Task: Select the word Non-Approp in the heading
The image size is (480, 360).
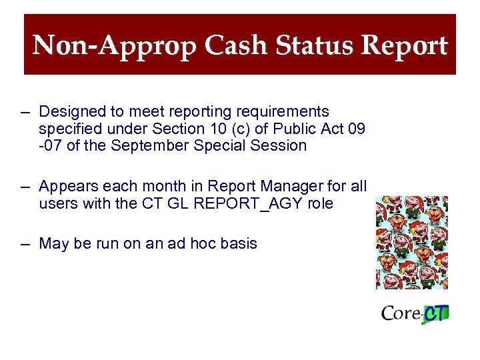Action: click(x=114, y=46)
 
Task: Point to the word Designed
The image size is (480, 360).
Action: click(x=68, y=111)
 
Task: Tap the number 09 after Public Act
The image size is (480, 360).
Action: click(x=356, y=129)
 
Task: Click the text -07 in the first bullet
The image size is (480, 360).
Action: click(x=50, y=145)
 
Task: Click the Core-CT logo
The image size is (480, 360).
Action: click(x=415, y=313)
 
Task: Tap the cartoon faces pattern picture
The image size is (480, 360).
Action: click(x=412, y=242)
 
